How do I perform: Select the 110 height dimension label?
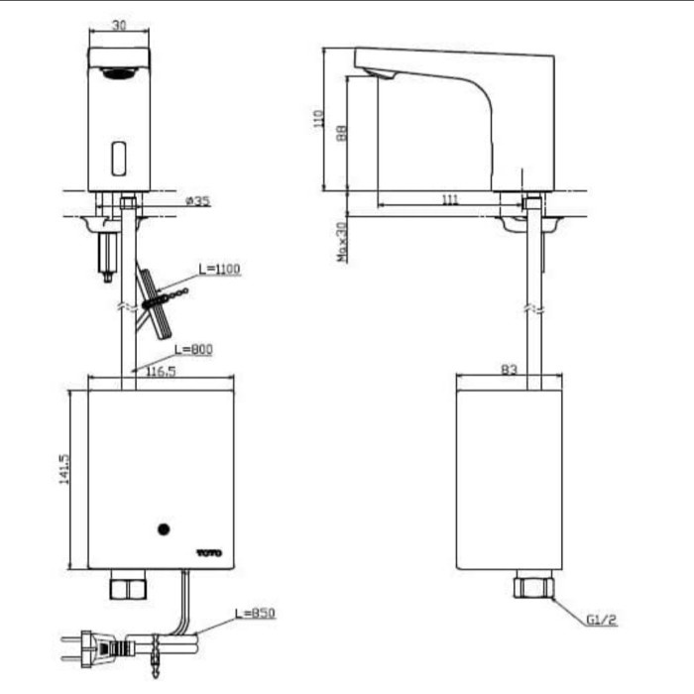tap(318, 119)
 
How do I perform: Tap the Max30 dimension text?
tap(341, 241)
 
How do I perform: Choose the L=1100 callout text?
tap(219, 269)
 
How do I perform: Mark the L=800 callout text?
tap(193, 349)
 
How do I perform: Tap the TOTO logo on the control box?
tap(209, 552)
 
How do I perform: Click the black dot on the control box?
tap(165, 529)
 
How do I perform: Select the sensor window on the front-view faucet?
tap(119, 156)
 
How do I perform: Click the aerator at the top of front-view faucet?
tap(119, 72)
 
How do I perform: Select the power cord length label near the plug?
tap(257, 614)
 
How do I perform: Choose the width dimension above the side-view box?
tap(509, 370)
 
